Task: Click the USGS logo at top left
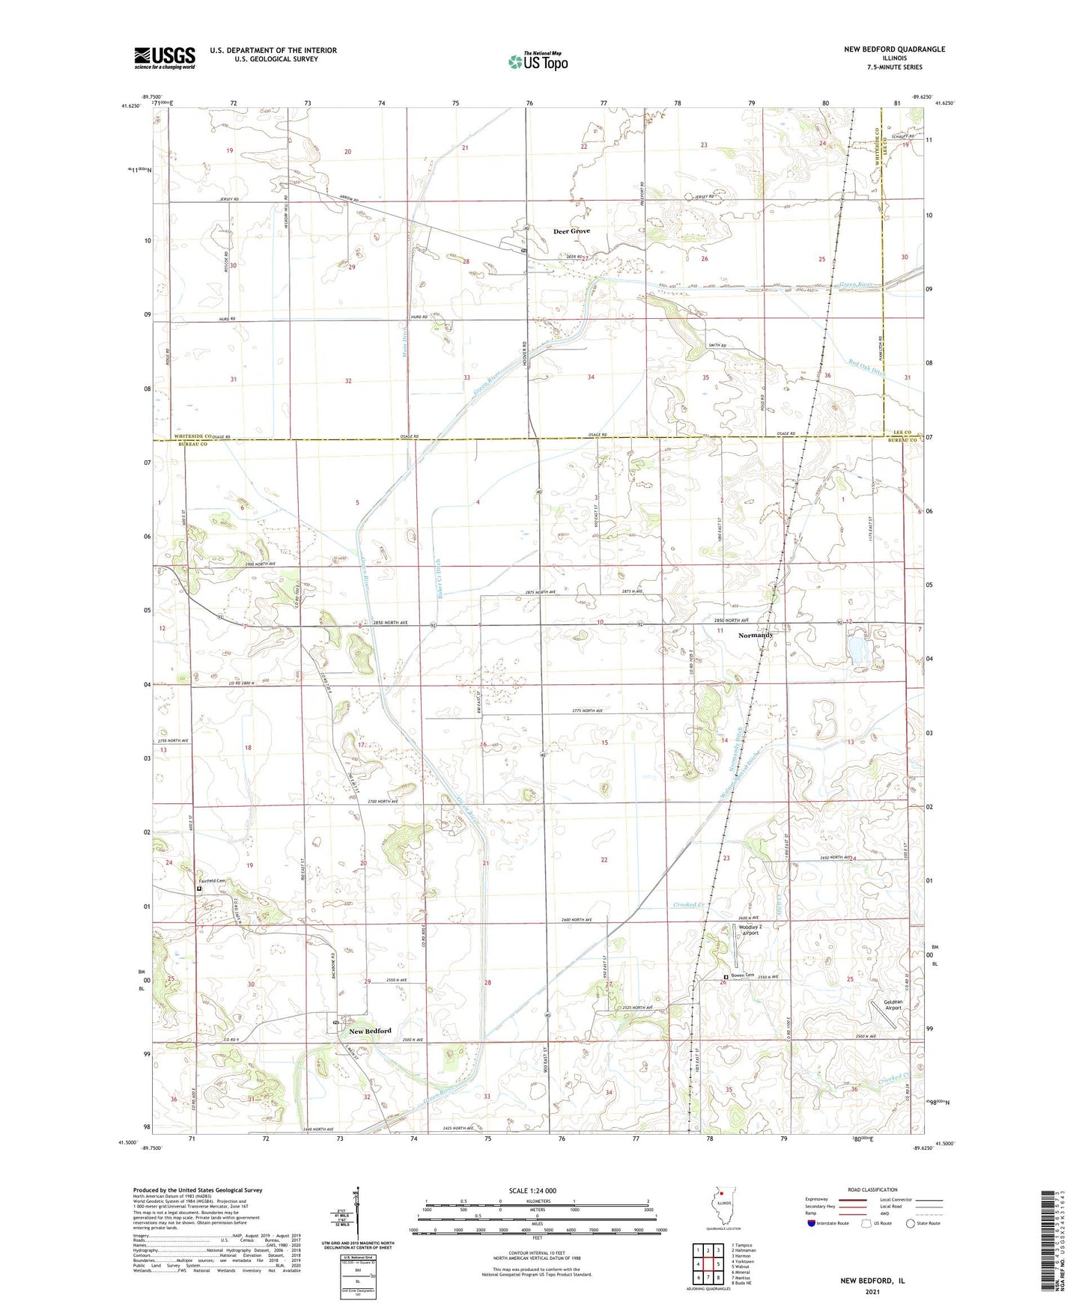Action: pos(165,58)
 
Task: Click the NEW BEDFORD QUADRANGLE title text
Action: pos(894,49)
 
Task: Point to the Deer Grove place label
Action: pos(571,231)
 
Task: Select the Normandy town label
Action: pos(755,635)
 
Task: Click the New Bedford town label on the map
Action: pos(370,1031)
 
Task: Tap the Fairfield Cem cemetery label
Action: pos(211,881)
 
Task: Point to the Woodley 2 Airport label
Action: pos(749,930)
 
